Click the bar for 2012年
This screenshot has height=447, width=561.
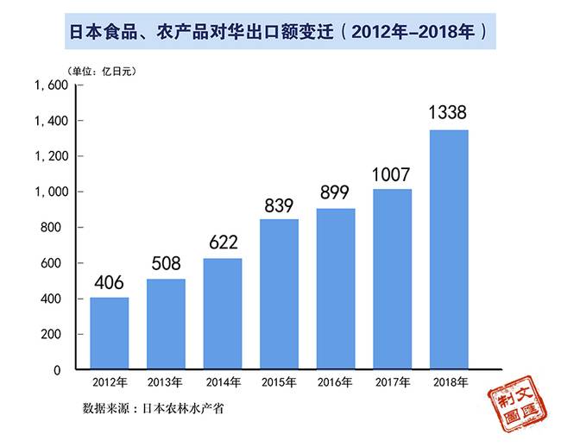[109, 333]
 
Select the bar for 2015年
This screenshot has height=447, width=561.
[279, 294]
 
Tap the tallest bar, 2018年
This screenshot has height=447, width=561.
[449, 249]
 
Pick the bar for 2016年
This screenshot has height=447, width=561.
[335, 289]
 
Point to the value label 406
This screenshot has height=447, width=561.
[109, 281]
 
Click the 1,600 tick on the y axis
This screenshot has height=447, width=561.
[50, 85]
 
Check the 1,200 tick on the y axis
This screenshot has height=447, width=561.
[50, 157]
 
